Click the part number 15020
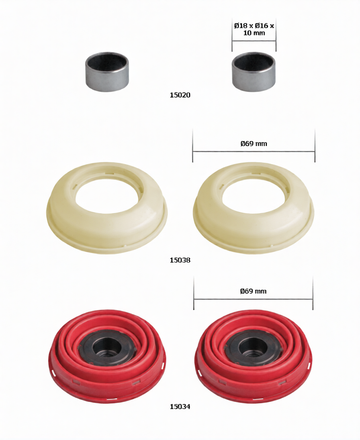click(x=180, y=95)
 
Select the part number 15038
click(x=180, y=260)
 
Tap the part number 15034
click(x=180, y=407)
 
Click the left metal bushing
click(x=107, y=71)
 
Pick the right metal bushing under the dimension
click(x=254, y=71)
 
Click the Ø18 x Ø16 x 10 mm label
click(x=254, y=29)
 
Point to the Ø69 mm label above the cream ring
click(x=254, y=144)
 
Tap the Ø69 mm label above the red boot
click(x=253, y=291)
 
